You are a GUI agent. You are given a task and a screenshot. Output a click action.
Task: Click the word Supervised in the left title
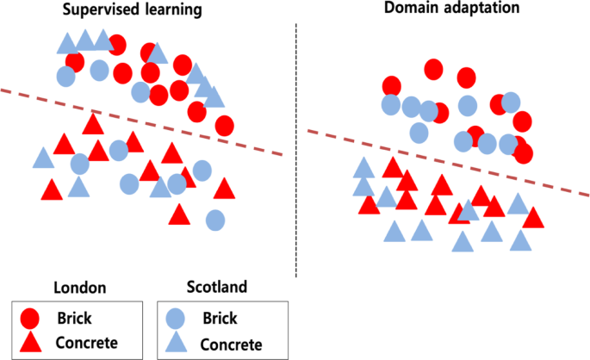click(97, 12)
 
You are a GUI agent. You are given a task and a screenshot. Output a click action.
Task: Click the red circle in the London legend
click(31, 319)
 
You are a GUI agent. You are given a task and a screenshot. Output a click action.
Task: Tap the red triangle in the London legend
click(31, 343)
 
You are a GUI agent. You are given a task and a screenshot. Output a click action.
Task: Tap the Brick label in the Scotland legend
click(220, 318)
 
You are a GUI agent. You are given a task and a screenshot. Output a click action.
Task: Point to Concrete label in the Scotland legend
click(230, 344)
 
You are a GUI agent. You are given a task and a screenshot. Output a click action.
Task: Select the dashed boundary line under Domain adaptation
click(448, 164)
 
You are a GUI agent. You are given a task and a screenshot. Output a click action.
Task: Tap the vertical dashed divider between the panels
click(297, 146)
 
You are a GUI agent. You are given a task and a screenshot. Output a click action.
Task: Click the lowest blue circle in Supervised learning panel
click(215, 220)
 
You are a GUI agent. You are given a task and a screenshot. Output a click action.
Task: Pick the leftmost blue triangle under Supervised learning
click(43, 158)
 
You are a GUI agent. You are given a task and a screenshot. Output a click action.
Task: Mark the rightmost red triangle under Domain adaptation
click(533, 219)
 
